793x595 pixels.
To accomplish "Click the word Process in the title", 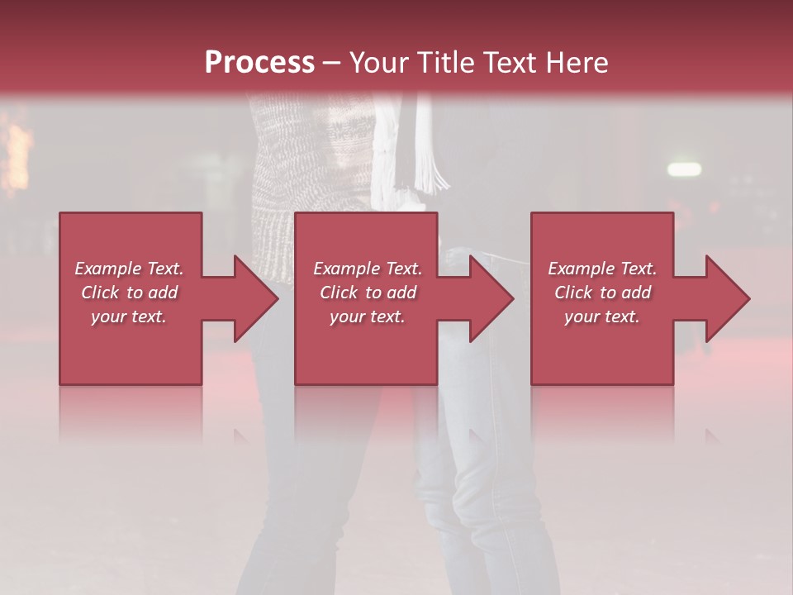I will click(259, 62).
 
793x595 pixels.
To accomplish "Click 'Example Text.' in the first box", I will click(130, 269).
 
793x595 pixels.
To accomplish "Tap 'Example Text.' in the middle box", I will click(368, 269).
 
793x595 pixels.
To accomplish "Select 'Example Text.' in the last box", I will click(602, 269).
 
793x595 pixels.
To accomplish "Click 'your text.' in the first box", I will click(129, 317).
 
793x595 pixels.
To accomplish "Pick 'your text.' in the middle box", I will click(368, 317).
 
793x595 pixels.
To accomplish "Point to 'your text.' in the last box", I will click(602, 317).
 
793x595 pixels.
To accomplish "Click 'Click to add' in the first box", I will click(130, 293).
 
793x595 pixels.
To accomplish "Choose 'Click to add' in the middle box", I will click(368, 293).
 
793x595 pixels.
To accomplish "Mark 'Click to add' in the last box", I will click(602, 293).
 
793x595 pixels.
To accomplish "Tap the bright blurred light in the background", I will click(684, 169).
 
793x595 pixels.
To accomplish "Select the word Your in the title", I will click(379, 62).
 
